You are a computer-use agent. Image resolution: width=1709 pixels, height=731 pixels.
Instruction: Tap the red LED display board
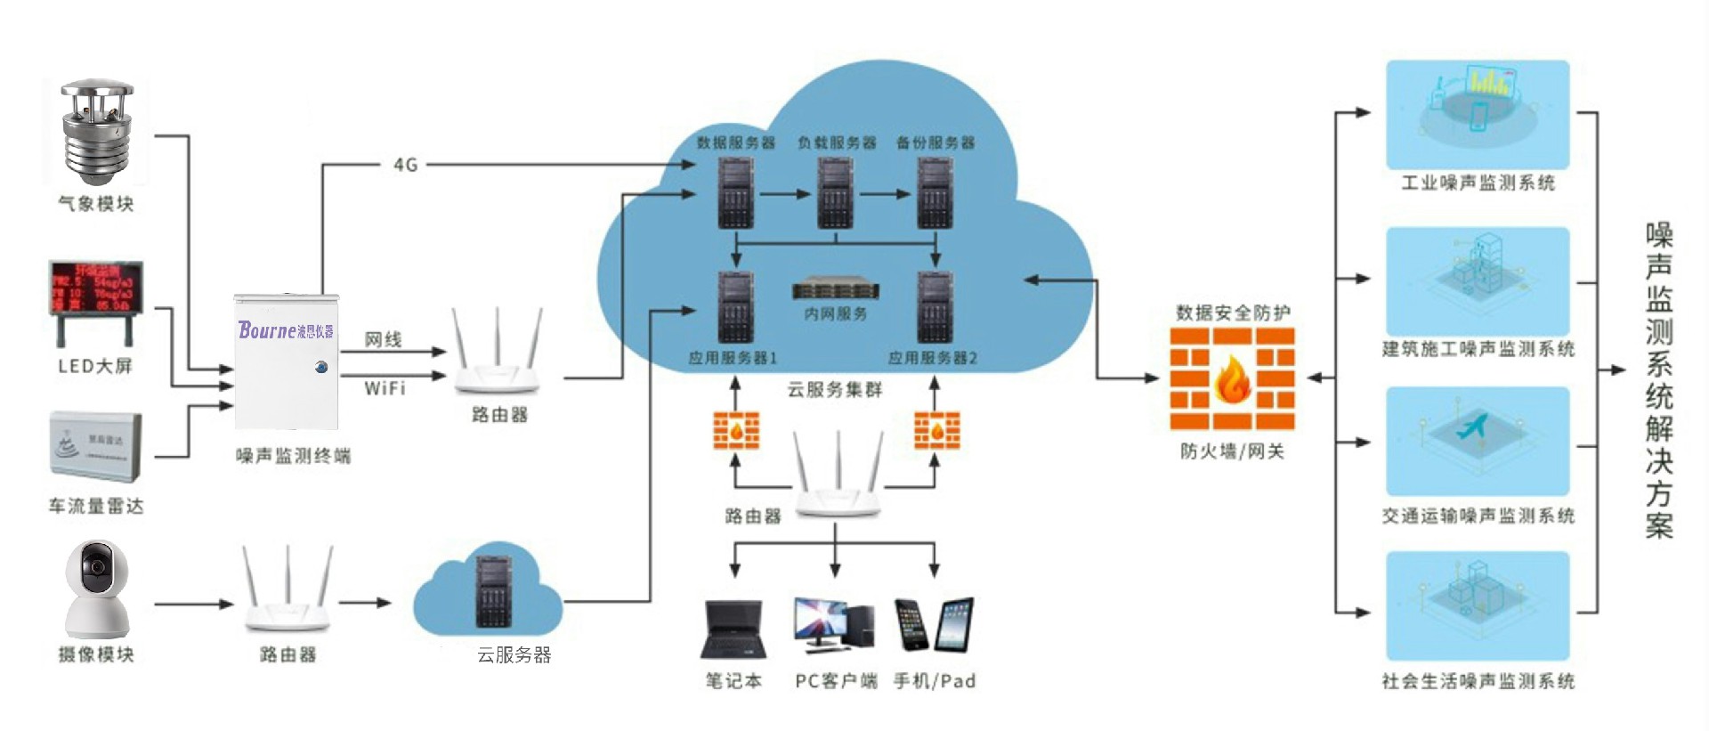point(96,288)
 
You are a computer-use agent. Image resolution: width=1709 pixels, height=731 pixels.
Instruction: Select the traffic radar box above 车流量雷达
point(95,445)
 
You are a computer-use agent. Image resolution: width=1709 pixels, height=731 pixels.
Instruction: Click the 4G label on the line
point(405,165)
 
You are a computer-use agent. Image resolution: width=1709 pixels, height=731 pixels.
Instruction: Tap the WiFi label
point(385,388)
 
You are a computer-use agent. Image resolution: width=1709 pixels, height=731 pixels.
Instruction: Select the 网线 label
point(384,339)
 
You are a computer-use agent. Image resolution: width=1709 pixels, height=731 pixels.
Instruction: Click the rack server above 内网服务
point(836,289)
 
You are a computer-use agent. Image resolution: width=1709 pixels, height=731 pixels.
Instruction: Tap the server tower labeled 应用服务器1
point(736,308)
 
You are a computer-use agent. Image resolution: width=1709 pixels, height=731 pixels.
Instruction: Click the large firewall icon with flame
point(1232,378)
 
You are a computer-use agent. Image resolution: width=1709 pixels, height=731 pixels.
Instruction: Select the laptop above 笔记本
point(733,629)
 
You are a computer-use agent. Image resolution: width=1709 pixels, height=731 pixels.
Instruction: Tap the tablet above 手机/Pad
point(955,622)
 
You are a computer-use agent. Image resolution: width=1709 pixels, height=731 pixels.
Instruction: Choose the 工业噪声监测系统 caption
point(1478,183)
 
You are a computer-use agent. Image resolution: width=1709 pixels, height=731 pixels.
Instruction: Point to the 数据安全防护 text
point(1232,313)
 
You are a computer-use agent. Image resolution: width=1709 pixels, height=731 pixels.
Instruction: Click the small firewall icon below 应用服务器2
point(936,430)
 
